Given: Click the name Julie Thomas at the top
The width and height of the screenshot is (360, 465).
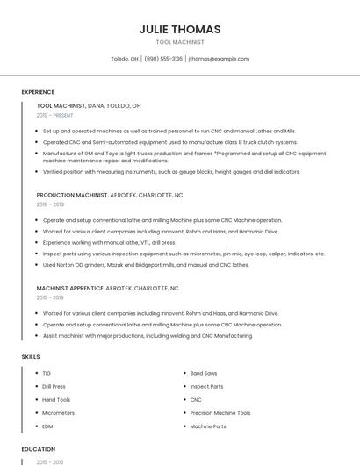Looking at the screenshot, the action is pyautogui.click(x=179, y=29).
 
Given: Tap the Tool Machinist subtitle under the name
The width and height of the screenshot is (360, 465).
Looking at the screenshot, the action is pyautogui.click(x=179, y=42).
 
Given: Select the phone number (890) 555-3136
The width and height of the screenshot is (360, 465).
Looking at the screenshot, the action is pyautogui.click(x=163, y=59).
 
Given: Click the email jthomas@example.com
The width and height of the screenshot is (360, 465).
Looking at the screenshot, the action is pyautogui.click(x=219, y=59).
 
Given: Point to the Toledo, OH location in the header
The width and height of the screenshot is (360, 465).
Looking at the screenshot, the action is pyautogui.click(x=125, y=59).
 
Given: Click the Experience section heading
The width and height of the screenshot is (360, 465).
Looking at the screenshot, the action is pyautogui.click(x=38, y=92).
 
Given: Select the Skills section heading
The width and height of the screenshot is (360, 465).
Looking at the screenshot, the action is pyautogui.click(x=31, y=357).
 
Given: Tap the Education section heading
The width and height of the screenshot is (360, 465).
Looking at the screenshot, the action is pyautogui.click(x=38, y=449).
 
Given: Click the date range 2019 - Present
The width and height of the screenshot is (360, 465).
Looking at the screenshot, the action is pyautogui.click(x=55, y=115).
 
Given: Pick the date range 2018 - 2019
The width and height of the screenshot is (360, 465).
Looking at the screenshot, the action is pyautogui.click(x=50, y=204).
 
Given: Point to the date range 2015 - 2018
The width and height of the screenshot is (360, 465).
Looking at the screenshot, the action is pyautogui.click(x=50, y=297).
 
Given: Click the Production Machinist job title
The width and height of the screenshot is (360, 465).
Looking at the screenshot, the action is pyautogui.click(x=71, y=195).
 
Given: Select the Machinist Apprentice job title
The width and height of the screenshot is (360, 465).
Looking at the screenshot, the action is pyautogui.click(x=70, y=288).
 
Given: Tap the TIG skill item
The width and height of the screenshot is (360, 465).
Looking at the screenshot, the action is pyautogui.click(x=47, y=373).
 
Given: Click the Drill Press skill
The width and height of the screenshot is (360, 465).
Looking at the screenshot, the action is pyautogui.click(x=54, y=386).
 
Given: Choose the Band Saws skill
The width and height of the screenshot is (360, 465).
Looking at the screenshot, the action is pyautogui.click(x=205, y=373).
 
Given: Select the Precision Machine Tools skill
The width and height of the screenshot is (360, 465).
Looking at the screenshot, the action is pyautogui.click(x=220, y=412).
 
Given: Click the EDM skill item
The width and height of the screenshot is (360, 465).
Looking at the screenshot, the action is pyautogui.click(x=47, y=426).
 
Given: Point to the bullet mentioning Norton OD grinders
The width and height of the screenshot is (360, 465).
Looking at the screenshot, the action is pyautogui.click(x=145, y=264).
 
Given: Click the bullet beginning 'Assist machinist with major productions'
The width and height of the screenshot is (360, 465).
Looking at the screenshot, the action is pyautogui.click(x=148, y=335).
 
